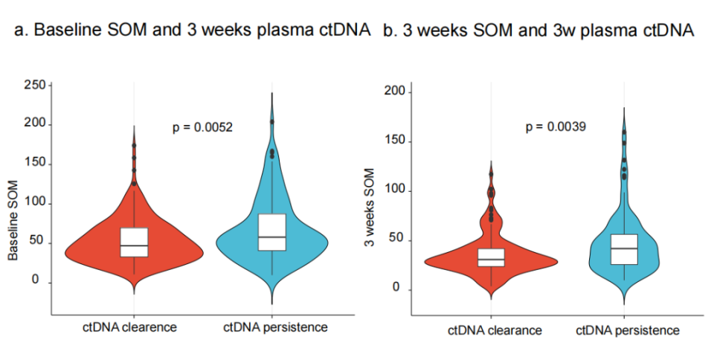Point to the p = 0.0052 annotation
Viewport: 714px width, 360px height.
pos(203,127)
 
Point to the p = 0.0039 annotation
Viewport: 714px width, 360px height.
pos(556,126)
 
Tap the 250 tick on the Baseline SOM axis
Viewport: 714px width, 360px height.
pos(34,85)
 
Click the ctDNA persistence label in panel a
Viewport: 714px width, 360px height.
pos(272,327)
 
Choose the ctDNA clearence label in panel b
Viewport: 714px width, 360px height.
pos(495,330)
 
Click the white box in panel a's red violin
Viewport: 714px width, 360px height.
pos(134,242)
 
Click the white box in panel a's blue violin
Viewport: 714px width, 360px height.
pos(272,232)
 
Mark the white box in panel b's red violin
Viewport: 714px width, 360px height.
pos(491,257)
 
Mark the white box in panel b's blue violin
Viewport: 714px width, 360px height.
pos(624,249)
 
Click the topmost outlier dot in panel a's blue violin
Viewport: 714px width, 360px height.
pos(272,121)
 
